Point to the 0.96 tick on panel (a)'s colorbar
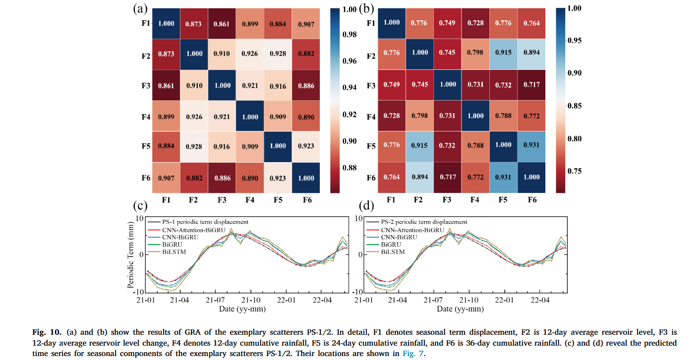[350, 61]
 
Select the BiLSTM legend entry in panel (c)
[173, 252]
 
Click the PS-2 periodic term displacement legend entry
[423, 222]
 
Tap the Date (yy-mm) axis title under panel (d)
[460, 309]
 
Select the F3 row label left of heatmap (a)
[146, 85]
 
